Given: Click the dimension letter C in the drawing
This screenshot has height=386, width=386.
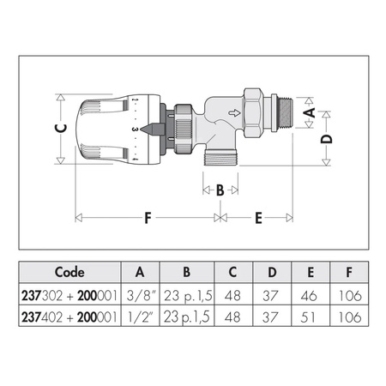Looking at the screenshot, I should (x=59, y=130).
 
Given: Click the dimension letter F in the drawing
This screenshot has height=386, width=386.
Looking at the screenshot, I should (x=147, y=218).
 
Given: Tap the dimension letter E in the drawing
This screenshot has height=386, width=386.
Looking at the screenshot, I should (x=258, y=218).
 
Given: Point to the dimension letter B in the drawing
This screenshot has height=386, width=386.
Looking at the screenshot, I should (x=220, y=190).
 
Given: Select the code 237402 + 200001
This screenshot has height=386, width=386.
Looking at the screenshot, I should (x=68, y=317).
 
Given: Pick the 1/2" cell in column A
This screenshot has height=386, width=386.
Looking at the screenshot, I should (x=140, y=317).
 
